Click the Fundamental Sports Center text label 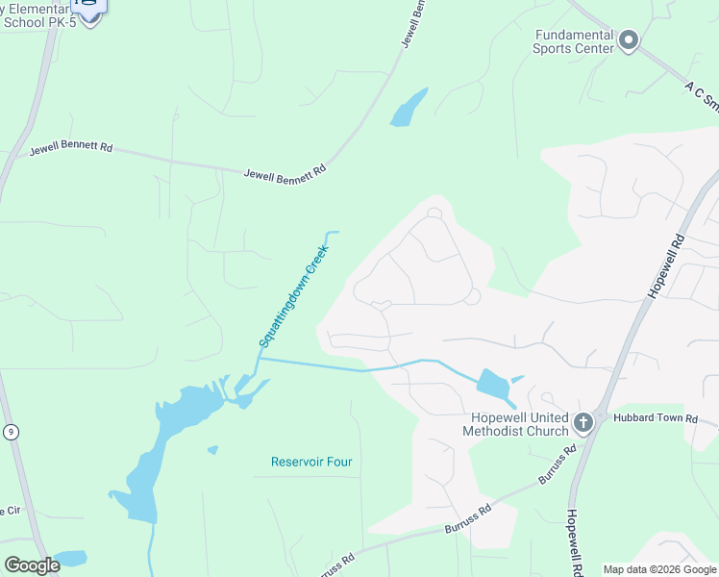pyautogui.click(x=574, y=40)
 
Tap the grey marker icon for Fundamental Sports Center pyautogui.click(x=629, y=40)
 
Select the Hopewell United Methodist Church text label pyautogui.click(x=520, y=424)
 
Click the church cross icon pyautogui.click(x=583, y=423)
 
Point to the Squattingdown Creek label pyautogui.click(x=294, y=296)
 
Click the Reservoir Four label pyautogui.click(x=311, y=462)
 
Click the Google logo pyautogui.click(x=31, y=565)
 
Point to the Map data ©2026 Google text pyautogui.click(x=658, y=569)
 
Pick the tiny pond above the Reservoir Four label pyautogui.click(x=212, y=449)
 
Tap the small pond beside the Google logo pyautogui.click(x=70, y=559)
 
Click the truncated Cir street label pyautogui.click(x=10, y=511)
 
